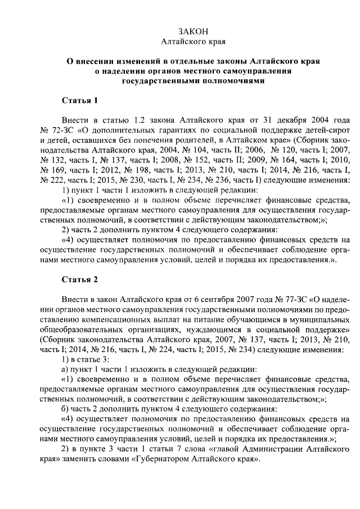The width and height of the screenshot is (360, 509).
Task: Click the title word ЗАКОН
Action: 193,31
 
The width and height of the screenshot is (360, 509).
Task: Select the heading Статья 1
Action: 79,101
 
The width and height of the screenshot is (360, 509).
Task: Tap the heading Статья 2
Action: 79,280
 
